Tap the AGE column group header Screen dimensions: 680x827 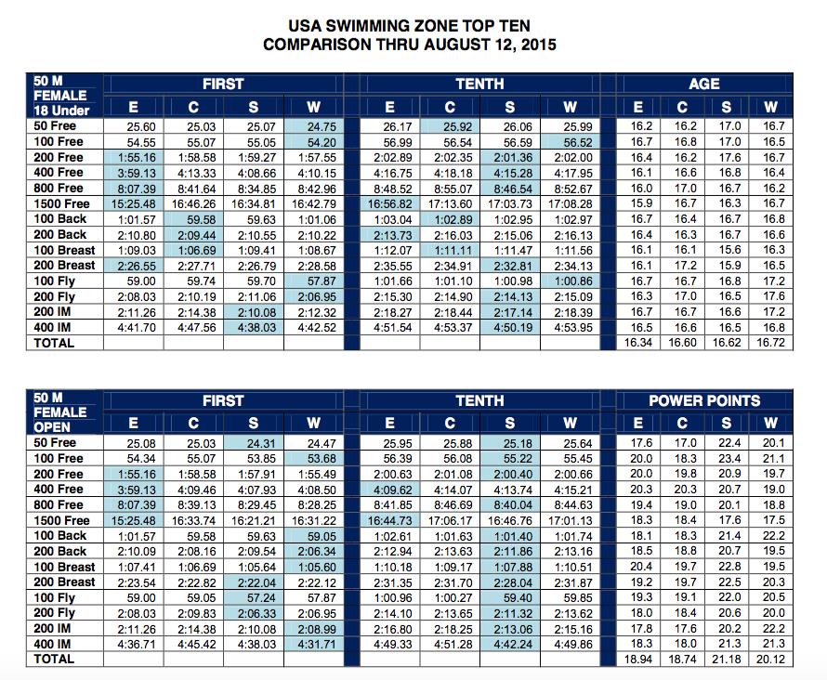(x=704, y=84)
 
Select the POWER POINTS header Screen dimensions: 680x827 (x=704, y=401)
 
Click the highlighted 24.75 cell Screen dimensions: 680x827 (x=314, y=126)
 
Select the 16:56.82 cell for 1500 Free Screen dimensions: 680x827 (x=389, y=203)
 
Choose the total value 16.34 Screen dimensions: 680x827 (x=637, y=343)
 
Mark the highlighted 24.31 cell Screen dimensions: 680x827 (x=254, y=444)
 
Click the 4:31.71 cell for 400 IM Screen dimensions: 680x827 (x=314, y=643)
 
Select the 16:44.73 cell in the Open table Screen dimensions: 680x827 (x=389, y=520)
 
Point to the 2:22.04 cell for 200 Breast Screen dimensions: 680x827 (x=254, y=582)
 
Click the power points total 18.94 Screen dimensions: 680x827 (x=637, y=660)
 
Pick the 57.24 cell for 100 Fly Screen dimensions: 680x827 (x=254, y=597)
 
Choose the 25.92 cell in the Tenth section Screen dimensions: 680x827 (x=450, y=126)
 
